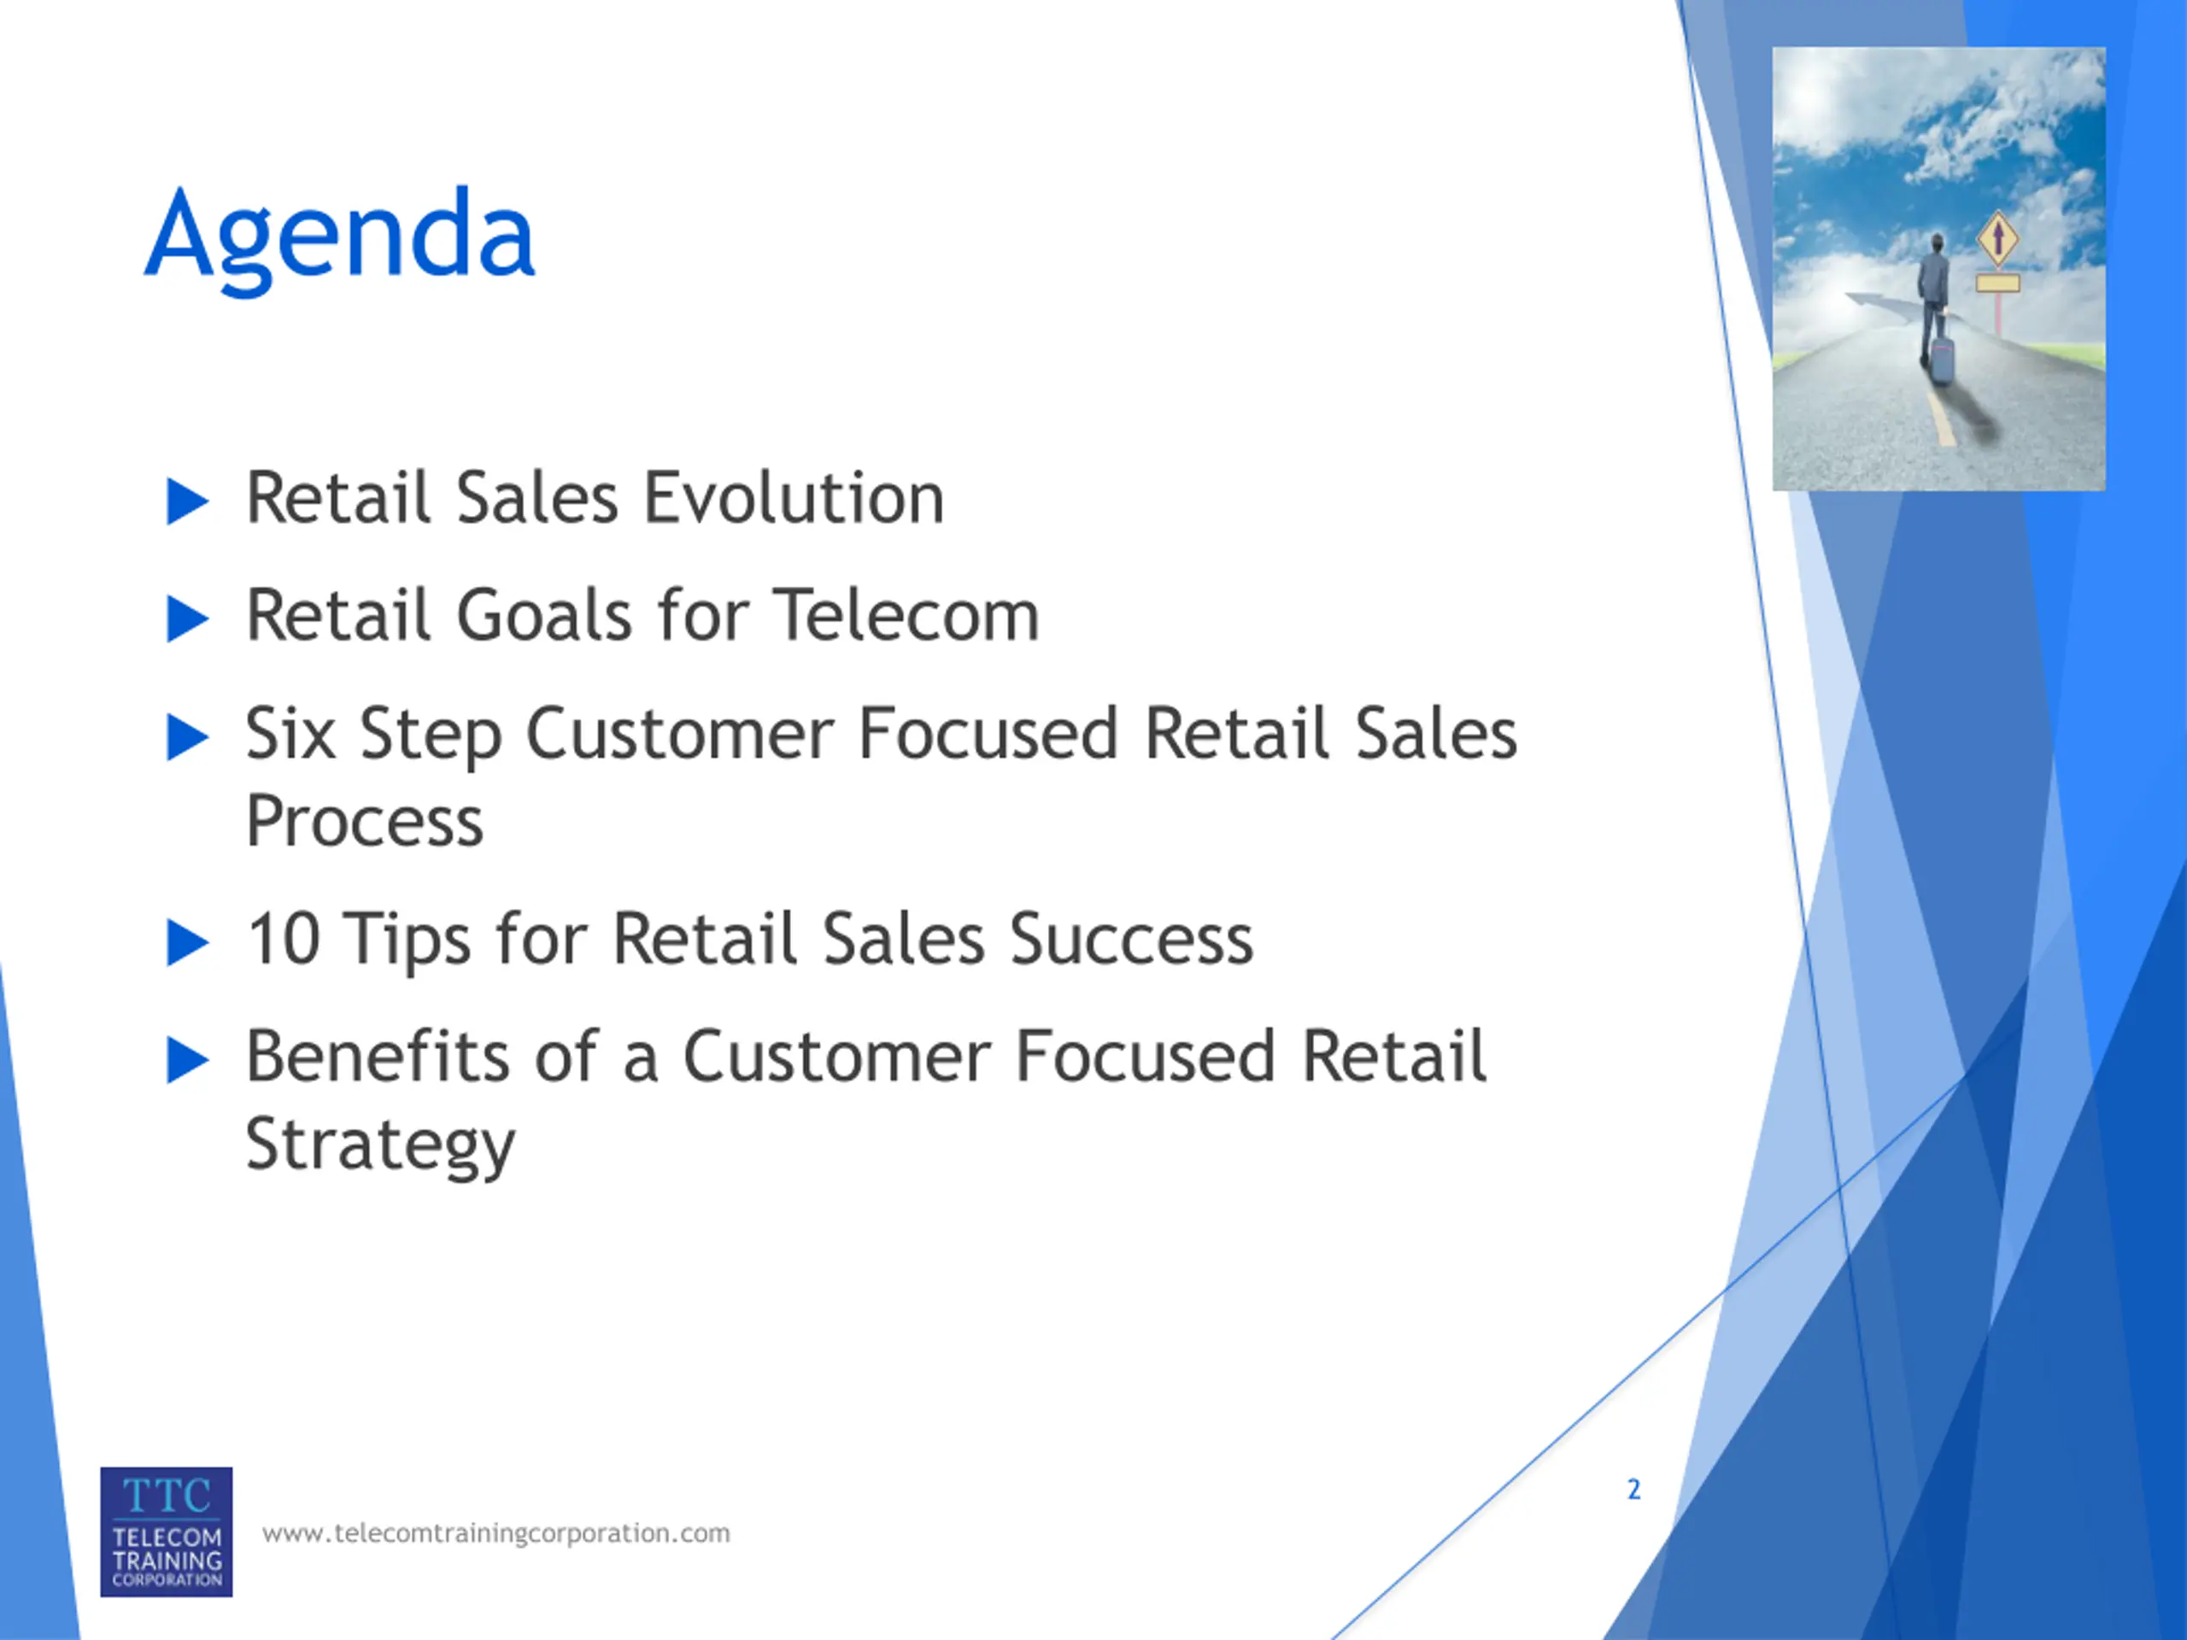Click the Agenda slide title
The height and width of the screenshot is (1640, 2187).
(x=340, y=237)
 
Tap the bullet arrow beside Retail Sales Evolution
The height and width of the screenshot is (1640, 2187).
(x=188, y=501)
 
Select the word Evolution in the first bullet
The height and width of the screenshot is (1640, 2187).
(x=794, y=497)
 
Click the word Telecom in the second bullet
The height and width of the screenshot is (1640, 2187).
(x=906, y=615)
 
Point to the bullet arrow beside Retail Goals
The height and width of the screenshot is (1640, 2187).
(x=188, y=620)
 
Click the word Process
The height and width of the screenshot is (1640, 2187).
(x=365, y=821)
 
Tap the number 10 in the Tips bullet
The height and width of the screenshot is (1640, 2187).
(x=284, y=937)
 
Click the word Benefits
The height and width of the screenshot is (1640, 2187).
(x=378, y=1056)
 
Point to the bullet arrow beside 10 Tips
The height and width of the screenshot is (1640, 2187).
(x=188, y=942)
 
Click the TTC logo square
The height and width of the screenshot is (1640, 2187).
(x=166, y=1532)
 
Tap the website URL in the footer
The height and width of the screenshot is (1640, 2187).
(x=496, y=1533)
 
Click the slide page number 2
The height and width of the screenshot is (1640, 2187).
(x=1633, y=1489)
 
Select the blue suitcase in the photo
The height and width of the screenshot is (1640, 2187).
(x=1943, y=360)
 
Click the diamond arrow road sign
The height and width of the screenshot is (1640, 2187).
(x=1998, y=238)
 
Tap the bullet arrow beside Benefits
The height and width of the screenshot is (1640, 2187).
(x=188, y=1061)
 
